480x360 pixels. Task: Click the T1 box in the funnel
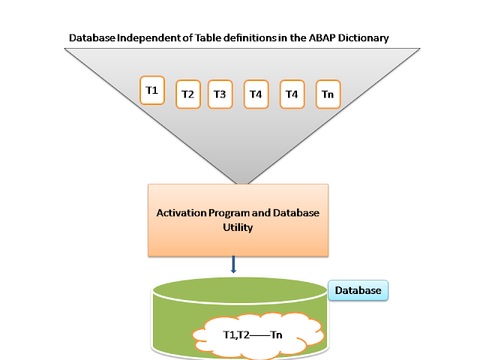pos(152,91)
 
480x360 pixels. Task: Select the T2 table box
pos(187,94)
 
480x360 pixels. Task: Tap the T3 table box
pos(220,94)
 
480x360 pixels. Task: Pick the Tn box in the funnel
pos(328,94)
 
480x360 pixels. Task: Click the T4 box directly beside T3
pos(256,94)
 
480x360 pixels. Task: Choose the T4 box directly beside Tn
pos(292,94)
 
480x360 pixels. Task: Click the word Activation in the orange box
pos(180,213)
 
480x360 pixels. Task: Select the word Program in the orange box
pos(227,213)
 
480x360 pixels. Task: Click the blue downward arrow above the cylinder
pos(234,264)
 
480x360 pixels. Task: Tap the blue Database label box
pos(358,290)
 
